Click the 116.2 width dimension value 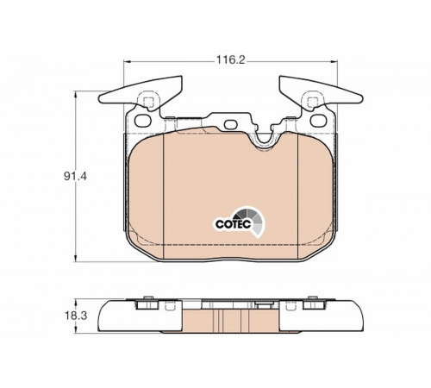(230, 60)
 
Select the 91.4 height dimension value (75, 176)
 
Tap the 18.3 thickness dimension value (76, 316)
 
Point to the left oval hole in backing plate (143, 121)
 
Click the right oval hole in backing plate (318, 121)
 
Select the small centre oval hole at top (230, 124)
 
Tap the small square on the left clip (148, 102)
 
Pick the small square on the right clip (312, 102)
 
